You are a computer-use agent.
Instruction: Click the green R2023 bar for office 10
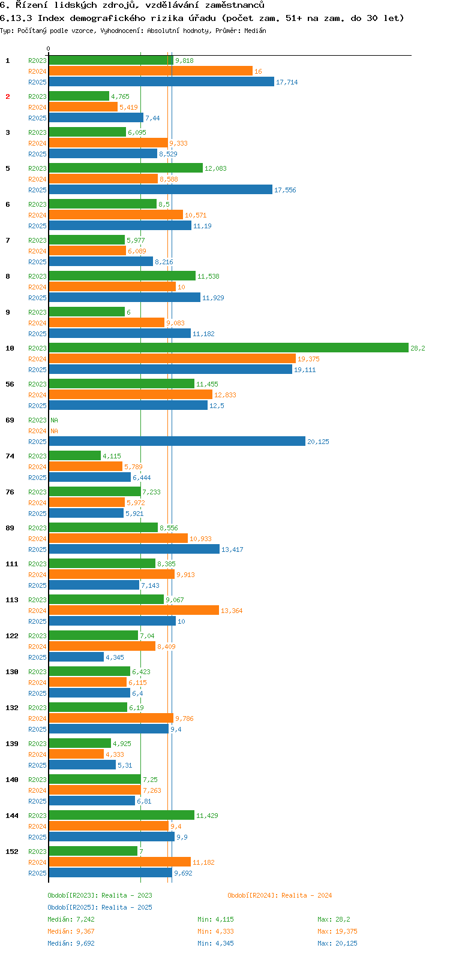pos(228,348)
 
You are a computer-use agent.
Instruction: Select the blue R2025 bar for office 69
pos(177,442)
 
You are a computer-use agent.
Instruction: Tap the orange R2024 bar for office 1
pos(151,71)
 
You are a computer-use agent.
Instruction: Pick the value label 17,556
pos(285,190)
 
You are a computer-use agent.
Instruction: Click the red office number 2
pos(8,96)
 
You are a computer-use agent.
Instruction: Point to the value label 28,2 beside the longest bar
pos(418,348)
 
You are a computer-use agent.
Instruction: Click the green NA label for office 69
pos(54,420)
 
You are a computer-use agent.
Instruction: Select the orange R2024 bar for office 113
pos(134,611)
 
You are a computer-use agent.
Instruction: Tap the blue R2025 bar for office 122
pos(76,657)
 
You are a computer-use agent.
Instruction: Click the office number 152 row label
pos(12,852)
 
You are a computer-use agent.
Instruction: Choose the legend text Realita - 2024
pos(306,895)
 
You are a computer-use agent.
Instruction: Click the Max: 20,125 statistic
pos(337,943)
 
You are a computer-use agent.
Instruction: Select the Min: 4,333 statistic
pos(215,931)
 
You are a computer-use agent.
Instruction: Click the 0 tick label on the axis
pos(49,49)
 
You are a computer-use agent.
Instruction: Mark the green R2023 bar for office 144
pos(121,816)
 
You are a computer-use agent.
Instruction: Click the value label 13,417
pos(232,550)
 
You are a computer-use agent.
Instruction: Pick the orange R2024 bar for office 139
pos(76,754)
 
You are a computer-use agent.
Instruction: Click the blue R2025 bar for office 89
pos(134,550)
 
